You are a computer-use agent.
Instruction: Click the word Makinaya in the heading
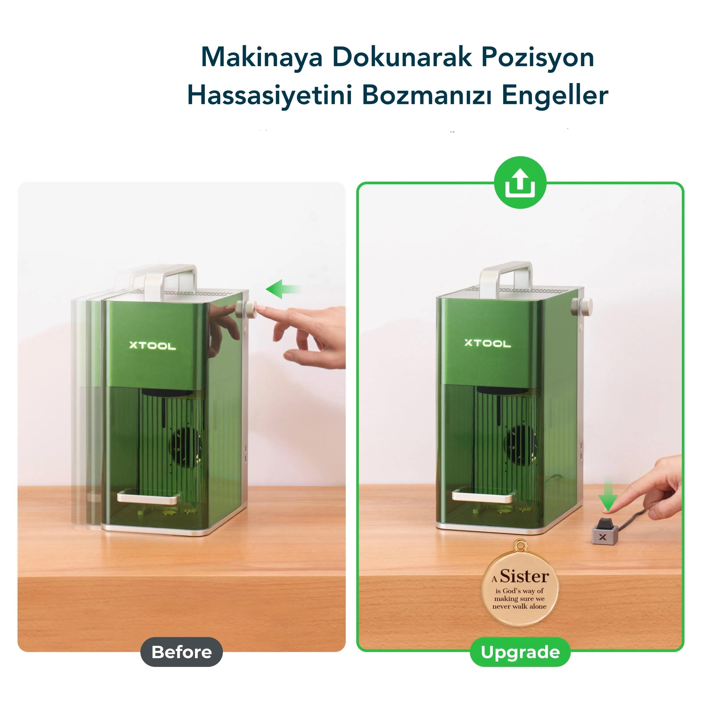point(262,58)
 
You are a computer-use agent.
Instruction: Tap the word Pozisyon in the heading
point(538,58)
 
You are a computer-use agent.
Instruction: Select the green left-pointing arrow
point(283,289)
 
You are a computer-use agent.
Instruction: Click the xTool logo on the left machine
point(153,346)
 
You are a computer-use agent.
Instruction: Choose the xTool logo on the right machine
point(488,343)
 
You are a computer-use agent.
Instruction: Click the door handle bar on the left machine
point(149,497)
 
